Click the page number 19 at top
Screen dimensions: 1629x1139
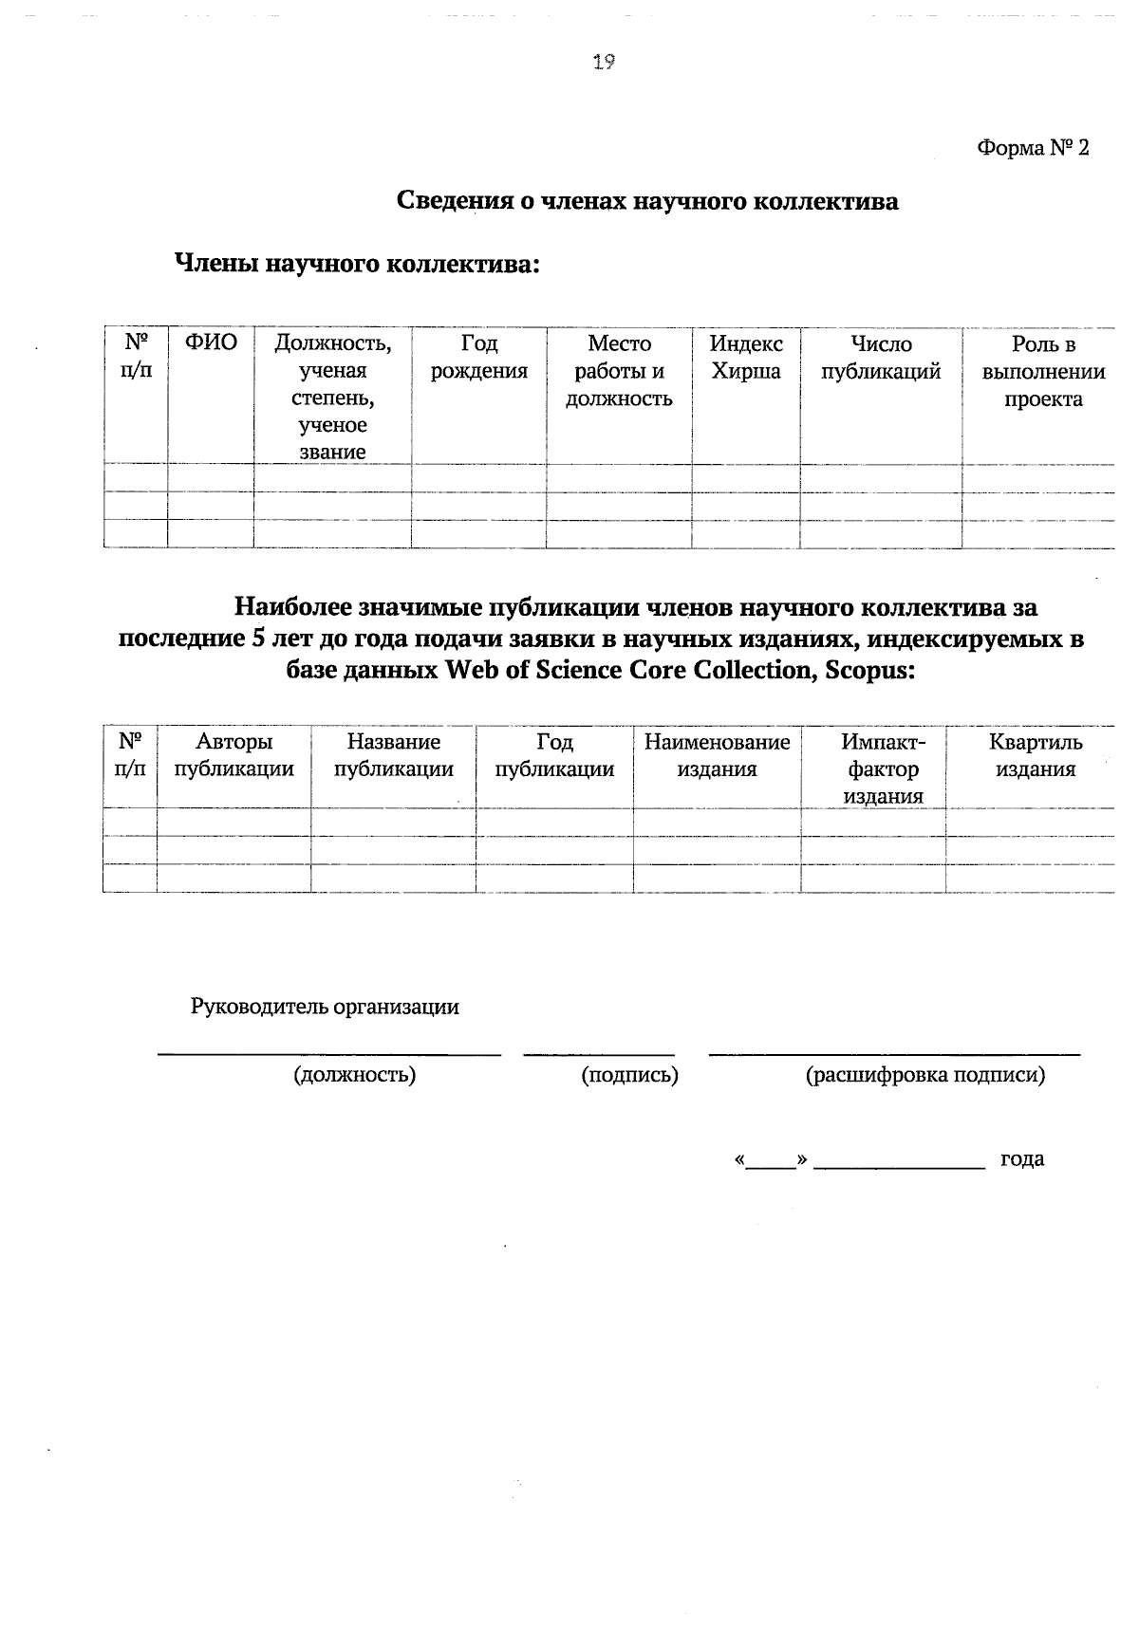(604, 63)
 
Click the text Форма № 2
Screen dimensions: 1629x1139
(1033, 149)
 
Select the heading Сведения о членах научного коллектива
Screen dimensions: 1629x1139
(646, 201)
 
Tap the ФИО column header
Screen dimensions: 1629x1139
(211, 343)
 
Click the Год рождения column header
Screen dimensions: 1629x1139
(478, 358)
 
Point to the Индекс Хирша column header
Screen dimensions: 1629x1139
(746, 358)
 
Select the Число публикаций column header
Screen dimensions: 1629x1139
(881, 358)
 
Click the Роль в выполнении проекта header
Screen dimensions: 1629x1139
(1043, 371)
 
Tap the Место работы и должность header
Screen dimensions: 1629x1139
(619, 371)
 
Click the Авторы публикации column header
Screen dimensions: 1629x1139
(233, 755)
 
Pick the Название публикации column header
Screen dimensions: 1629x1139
(393, 755)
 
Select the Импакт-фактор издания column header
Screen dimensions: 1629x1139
(883, 768)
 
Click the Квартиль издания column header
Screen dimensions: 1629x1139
(1035, 755)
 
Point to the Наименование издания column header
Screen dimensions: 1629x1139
(717, 755)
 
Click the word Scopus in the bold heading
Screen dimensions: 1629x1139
(870, 671)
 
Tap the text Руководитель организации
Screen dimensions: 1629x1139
(325, 1007)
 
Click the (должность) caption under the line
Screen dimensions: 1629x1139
(355, 1075)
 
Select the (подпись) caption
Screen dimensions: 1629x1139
(629, 1075)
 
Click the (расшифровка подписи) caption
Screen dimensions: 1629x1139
(925, 1075)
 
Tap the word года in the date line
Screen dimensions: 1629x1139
(1022, 1158)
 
